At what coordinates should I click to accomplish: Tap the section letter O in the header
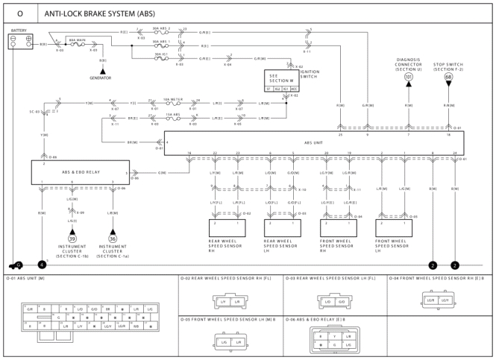tap(19, 13)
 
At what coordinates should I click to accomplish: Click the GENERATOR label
tap(100, 78)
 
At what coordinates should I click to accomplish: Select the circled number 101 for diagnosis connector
tap(408, 77)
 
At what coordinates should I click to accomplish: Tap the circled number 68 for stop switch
tap(448, 77)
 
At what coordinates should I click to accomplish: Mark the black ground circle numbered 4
tap(43, 265)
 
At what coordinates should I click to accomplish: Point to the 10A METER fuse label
tap(173, 98)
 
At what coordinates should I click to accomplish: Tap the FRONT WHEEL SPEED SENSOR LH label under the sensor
tap(392, 246)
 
